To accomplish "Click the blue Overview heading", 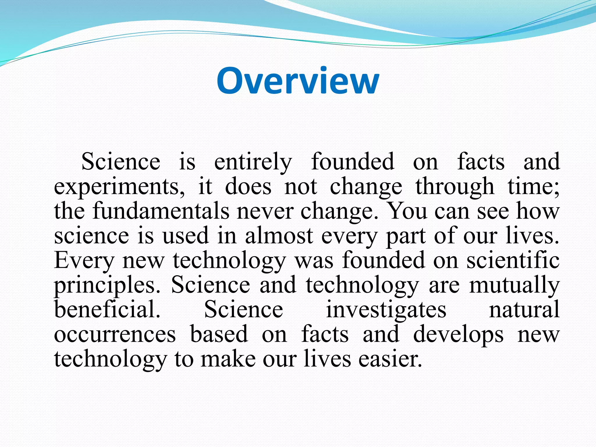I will (x=298, y=81).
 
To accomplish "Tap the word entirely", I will (x=253, y=162).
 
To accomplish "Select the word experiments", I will (x=119, y=187).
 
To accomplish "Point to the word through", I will (x=455, y=187).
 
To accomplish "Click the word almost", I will (x=279, y=236).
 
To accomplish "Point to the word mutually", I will (x=514, y=285).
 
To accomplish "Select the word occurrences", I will (x=115, y=335).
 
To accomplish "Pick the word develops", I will (x=458, y=335).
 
